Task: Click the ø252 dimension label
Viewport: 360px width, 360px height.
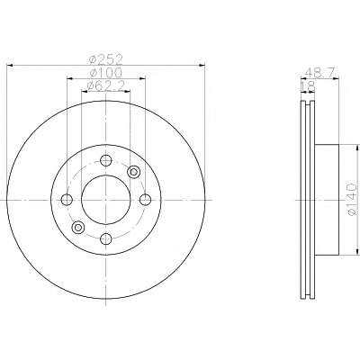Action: [106, 60]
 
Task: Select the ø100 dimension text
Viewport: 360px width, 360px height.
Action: [106, 73]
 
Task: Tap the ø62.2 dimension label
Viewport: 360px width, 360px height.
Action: [105, 86]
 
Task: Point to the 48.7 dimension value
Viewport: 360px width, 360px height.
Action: [319, 73]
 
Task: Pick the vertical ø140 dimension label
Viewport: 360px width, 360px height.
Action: [352, 199]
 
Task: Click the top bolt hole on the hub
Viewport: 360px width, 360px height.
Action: [105, 160]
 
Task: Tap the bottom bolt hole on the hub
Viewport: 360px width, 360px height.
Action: [105, 238]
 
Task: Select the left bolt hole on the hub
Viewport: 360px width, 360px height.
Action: [67, 200]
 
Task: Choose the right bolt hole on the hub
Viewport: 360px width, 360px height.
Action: [145, 200]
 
